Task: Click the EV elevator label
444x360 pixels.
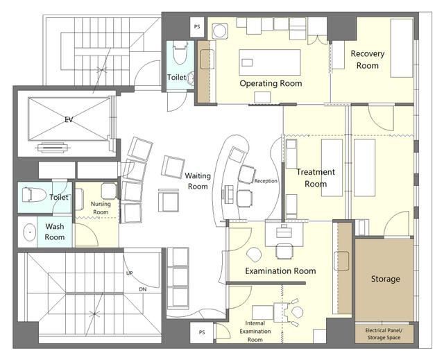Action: point(69,119)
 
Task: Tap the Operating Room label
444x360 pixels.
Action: point(271,83)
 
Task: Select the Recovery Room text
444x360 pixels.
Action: point(368,60)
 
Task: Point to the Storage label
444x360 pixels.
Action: point(386,279)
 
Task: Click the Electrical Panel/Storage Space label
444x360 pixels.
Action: point(384,334)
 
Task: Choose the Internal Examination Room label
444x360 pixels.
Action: point(255,331)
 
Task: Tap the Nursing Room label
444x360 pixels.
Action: point(101,207)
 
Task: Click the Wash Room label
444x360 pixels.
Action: point(55,232)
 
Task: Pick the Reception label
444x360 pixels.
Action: point(266,181)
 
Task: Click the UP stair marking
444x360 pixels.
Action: point(130,273)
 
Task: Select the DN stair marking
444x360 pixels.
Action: point(143,289)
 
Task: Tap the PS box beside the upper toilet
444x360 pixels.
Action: point(197,27)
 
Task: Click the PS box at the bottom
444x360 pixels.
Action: point(202,332)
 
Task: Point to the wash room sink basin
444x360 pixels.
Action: point(29,232)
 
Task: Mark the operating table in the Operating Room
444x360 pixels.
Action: point(270,62)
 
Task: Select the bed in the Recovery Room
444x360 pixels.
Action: point(402,48)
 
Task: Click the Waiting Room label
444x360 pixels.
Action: point(198,181)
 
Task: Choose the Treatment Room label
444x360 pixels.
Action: point(316,178)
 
